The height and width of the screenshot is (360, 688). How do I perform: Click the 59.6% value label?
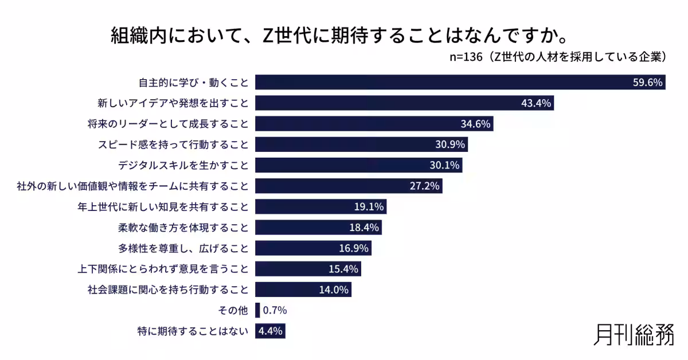click(x=648, y=83)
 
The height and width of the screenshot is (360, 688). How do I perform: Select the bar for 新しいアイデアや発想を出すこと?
click(x=404, y=103)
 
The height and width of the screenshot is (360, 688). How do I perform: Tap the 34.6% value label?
click(x=476, y=124)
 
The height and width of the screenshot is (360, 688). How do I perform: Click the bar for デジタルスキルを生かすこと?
click(x=358, y=165)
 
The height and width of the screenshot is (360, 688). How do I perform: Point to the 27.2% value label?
click(x=425, y=186)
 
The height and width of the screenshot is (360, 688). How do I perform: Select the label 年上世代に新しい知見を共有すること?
click(x=163, y=206)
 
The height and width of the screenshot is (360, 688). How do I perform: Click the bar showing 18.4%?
click(x=318, y=227)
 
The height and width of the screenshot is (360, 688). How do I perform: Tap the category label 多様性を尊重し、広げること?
click(x=175, y=248)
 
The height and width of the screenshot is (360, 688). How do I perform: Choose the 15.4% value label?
click(x=343, y=269)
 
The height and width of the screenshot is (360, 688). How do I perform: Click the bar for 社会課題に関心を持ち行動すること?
click(x=303, y=289)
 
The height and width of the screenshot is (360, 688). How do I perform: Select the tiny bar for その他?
click(x=257, y=310)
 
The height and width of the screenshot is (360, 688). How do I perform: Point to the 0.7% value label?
click(x=275, y=310)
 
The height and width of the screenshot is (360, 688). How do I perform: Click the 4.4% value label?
click(x=270, y=331)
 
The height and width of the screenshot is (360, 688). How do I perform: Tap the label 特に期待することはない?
click(x=193, y=331)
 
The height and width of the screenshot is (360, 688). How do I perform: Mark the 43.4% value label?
click(x=536, y=103)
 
